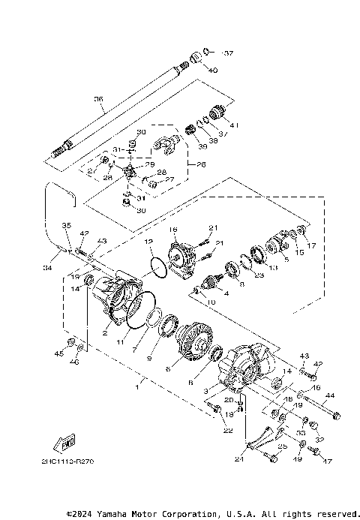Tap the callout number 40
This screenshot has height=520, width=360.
coord(214,70)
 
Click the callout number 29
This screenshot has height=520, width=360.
coord(149,164)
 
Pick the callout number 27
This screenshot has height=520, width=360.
coord(169,179)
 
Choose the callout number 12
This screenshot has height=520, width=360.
coord(149,242)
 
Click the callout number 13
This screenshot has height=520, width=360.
coord(273,268)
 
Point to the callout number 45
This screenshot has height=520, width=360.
coord(59,353)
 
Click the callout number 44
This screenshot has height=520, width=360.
coord(330,395)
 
